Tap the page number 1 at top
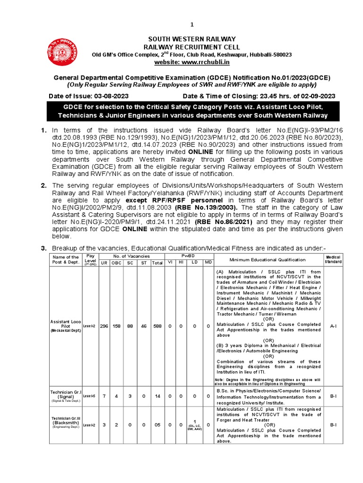(x=192, y=25)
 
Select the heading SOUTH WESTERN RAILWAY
(x=192, y=39)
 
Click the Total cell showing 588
(x=155, y=326)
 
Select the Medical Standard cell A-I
(x=333, y=326)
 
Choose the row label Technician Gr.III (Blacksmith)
(x=66, y=424)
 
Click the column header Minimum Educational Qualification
(x=268, y=259)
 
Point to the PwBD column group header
(x=189, y=256)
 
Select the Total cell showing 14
(x=155, y=397)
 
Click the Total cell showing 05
(x=155, y=425)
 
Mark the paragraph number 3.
(x=43, y=248)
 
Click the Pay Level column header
(x=90, y=259)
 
